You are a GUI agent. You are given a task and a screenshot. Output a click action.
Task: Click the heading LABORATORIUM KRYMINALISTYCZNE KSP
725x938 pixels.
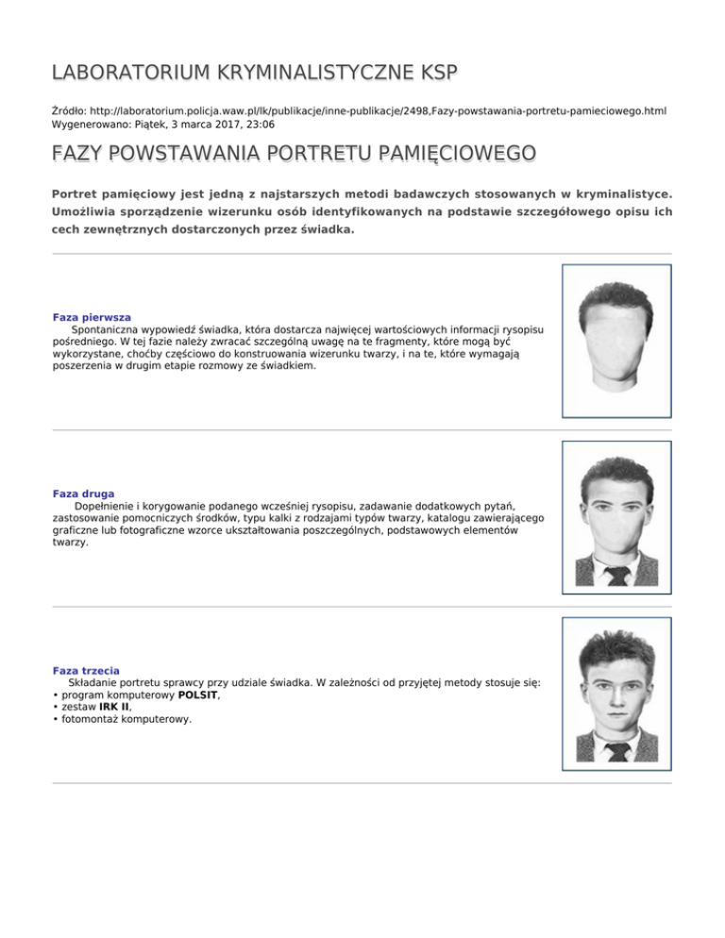click(x=254, y=73)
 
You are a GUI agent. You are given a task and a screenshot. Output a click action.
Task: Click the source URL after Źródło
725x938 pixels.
click(x=379, y=110)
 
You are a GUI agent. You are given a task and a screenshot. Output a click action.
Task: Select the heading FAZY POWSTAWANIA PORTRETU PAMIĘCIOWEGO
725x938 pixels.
click(x=294, y=153)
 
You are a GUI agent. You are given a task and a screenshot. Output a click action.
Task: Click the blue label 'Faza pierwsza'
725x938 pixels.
click(x=92, y=317)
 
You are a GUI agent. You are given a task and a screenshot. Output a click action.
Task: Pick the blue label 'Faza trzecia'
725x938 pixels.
click(x=86, y=670)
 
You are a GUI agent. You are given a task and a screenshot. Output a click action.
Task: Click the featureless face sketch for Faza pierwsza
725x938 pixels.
click(x=616, y=351)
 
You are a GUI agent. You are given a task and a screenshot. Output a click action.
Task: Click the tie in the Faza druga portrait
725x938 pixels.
click(x=616, y=574)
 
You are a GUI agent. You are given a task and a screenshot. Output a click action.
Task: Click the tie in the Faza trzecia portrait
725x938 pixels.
click(x=616, y=751)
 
